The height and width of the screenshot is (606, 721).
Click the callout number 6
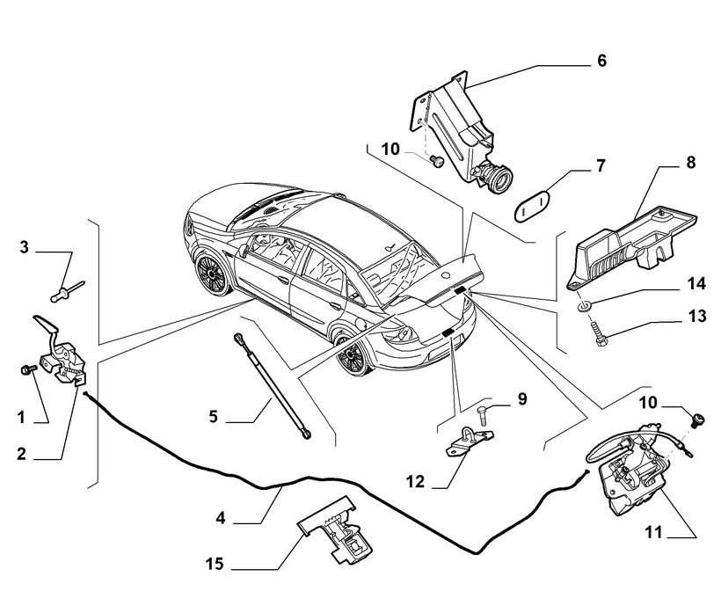601,61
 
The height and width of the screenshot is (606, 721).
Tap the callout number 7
601,164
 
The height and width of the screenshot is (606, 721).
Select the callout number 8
690,163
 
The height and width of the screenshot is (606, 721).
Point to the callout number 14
696,284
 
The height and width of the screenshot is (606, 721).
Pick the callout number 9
521,399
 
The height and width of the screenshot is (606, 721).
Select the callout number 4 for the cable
221,519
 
